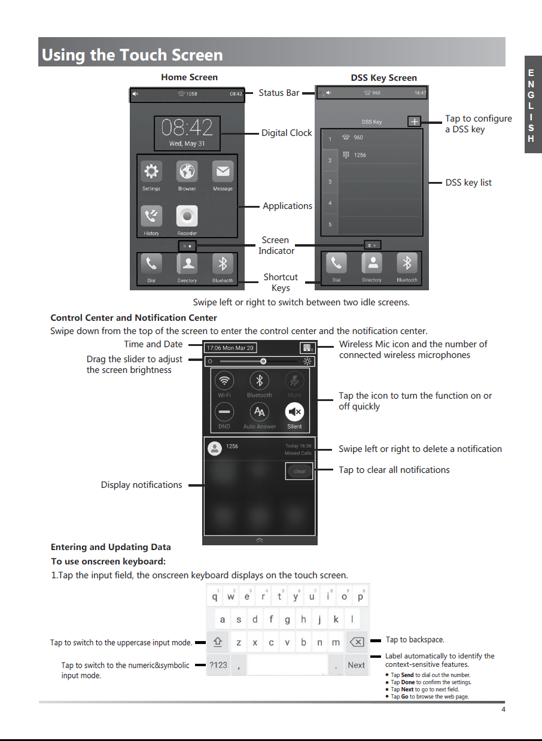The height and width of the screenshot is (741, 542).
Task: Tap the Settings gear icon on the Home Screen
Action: point(151,172)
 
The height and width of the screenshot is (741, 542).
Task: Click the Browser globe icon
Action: point(187,172)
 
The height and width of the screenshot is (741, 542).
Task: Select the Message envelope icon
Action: point(223,172)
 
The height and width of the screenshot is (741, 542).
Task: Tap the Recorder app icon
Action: point(187,216)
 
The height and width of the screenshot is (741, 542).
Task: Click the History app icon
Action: point(151,216)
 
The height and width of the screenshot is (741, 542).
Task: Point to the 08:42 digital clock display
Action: point(187,128)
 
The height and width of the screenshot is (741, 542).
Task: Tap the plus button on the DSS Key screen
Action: point(415,122)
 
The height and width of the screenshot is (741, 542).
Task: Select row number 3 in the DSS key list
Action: point(330,181)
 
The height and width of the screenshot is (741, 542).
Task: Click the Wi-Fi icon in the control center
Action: point(224,380)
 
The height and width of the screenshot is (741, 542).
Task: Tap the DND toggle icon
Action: point(224,412)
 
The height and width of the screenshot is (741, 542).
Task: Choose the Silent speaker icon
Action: point(294,412)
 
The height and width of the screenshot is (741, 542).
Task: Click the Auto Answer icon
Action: point(259,412)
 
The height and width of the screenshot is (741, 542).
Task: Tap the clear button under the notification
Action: point(299,471)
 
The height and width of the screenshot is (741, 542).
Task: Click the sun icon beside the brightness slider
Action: point(307,362)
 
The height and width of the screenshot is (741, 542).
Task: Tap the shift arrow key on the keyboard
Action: point(218,642)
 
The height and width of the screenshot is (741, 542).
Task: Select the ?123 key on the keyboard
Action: point(218,665)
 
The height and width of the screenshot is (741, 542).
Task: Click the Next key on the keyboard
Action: point(356,665)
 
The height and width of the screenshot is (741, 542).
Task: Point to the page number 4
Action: point(503,709)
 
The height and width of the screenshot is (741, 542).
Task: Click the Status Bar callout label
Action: point(279,93)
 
